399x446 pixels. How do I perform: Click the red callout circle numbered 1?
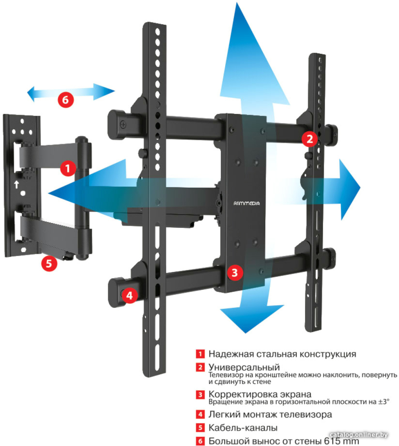click(68, 168)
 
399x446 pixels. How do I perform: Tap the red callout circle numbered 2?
click(309, 139)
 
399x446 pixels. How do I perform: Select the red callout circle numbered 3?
click(235, 272)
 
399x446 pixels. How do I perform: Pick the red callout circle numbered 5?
click(49, 263)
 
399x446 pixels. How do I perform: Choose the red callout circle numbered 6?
click(65, 100)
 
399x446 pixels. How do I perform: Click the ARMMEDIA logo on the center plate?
click(246, 204)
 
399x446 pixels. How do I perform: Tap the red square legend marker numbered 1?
click(201, 354)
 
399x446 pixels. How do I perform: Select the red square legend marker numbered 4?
click(201, 414)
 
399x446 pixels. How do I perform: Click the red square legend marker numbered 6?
click(201, 441)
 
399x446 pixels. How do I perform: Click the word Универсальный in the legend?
click(244, 367)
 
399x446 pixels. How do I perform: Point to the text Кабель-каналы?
click(243, 427)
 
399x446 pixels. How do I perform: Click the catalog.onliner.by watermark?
click(358, 435)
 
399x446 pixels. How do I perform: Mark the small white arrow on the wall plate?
click(17, 185)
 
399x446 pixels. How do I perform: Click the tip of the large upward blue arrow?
click(237, 3)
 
